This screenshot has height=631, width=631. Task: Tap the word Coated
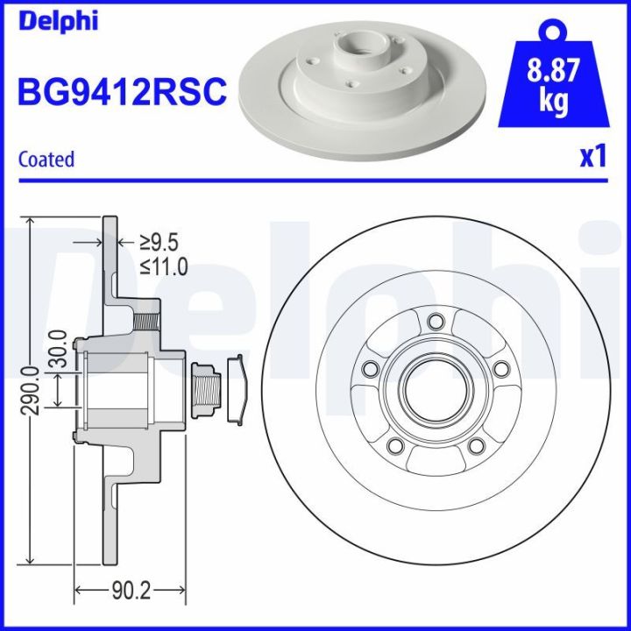[x=46, y=159]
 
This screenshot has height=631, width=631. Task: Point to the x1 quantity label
[x=592, y=156]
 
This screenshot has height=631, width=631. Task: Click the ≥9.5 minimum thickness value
[x=160, y=241]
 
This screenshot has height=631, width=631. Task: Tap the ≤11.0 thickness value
[x=165, y=267]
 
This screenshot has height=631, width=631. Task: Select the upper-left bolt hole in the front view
[x=370, y=369]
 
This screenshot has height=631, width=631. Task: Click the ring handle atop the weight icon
[x=551, y=32]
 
